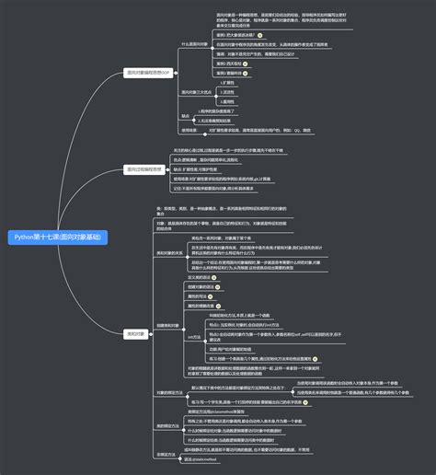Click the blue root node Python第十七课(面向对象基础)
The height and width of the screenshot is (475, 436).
point(56,237)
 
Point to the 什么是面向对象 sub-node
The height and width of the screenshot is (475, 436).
point(198,43)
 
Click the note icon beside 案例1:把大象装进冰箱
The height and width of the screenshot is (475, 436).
point(260,33)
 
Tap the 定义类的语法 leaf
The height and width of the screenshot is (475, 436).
point(201,276)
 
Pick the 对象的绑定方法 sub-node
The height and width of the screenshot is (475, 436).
point(169,392)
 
